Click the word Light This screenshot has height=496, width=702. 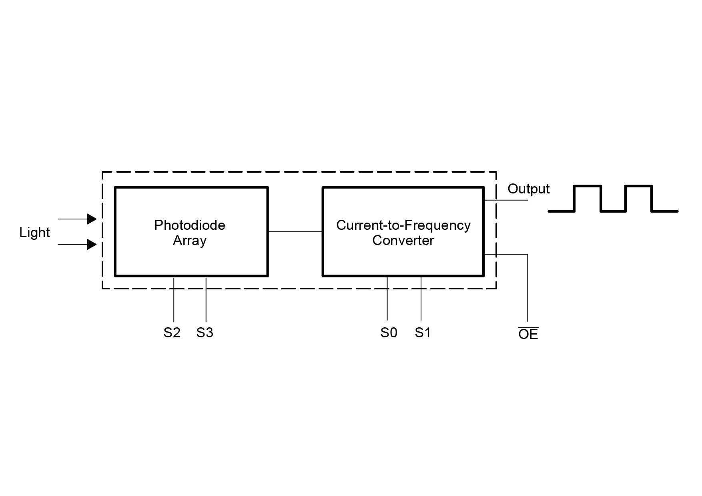34,233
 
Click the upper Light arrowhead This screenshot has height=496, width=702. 92,219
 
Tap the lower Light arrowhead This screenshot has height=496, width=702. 92,244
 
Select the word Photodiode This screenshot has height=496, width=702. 190,225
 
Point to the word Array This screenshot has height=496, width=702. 190,241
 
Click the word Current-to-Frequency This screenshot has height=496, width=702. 403,225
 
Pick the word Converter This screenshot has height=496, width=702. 403,240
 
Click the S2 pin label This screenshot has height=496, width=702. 172,333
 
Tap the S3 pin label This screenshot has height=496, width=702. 205,333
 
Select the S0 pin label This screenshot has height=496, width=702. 389,333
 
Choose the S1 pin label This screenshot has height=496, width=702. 423,333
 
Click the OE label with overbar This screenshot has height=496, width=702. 528,334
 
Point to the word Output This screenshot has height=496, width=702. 529,189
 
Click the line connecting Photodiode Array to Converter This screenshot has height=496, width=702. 295,231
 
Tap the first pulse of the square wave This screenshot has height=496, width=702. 588,198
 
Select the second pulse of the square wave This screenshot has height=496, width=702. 639,198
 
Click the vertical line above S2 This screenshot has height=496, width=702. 174,299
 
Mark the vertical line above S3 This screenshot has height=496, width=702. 206,299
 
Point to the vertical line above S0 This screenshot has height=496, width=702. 387,298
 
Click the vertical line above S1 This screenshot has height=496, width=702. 421,298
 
